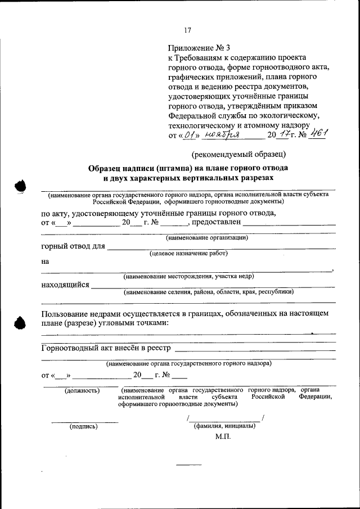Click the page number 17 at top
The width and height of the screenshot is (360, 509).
click(x=188, y=30)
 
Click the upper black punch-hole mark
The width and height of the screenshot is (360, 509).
click(x=20, y=187)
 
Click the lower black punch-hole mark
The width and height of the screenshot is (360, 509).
click(x=20, y=323)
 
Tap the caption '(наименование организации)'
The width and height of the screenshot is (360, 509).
click(x=207, y=238)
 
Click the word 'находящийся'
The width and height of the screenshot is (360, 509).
click(x=65, y=285)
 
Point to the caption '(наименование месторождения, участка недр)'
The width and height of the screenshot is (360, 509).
click(x=188, y=276)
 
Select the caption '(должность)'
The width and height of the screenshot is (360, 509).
click(x=82, y=390)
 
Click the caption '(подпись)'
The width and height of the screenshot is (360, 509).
click(x=83, y=426)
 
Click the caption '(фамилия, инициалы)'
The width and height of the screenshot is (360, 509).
click(x=224, y=426)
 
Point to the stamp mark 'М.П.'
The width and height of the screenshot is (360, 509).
click(x=223, y=436)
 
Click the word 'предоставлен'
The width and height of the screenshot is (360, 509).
click(x=218, y=222)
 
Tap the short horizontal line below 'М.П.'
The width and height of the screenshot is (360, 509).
click(x=188, y=465)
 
